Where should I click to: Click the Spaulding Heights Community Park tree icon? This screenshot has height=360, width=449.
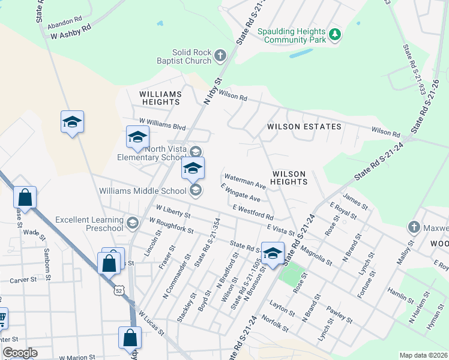coord(334,36)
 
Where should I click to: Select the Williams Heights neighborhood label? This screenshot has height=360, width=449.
coord(160,98)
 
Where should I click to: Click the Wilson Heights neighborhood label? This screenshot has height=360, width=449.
coord(289,177)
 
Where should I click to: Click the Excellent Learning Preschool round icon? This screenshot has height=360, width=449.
coord(133,224)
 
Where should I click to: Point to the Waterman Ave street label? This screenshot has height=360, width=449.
coord(244,181)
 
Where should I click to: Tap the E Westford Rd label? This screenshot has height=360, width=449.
coord(253,212)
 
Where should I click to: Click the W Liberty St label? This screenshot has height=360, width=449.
coord(173,211)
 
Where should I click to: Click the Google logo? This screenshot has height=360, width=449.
coord(20,353)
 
